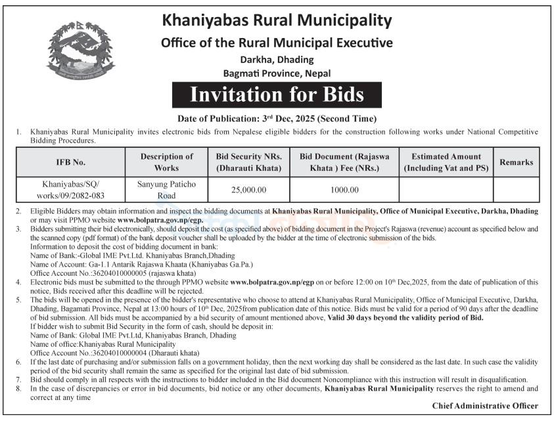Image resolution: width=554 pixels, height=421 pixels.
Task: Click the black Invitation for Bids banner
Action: (277, 95)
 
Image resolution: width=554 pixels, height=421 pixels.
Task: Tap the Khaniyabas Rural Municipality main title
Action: (277, 20)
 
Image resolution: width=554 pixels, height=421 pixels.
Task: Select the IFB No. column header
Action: (70, 162)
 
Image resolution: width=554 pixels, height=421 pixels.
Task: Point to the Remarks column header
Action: (516, 162)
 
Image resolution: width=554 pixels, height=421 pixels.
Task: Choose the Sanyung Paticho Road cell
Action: (167, 190)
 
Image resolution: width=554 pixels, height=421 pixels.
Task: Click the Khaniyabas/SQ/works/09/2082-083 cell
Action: (70, 190)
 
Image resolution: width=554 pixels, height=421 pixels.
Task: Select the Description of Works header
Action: (167, 162)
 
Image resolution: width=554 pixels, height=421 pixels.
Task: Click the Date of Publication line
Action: (277, 119)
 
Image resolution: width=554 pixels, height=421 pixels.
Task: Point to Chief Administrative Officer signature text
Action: (485, 406)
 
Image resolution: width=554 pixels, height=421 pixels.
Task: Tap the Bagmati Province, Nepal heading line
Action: (277, 73)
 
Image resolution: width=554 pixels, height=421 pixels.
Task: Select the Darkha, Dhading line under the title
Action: (277, 59)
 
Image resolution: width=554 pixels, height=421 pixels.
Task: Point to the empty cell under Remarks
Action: (516, 190)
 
